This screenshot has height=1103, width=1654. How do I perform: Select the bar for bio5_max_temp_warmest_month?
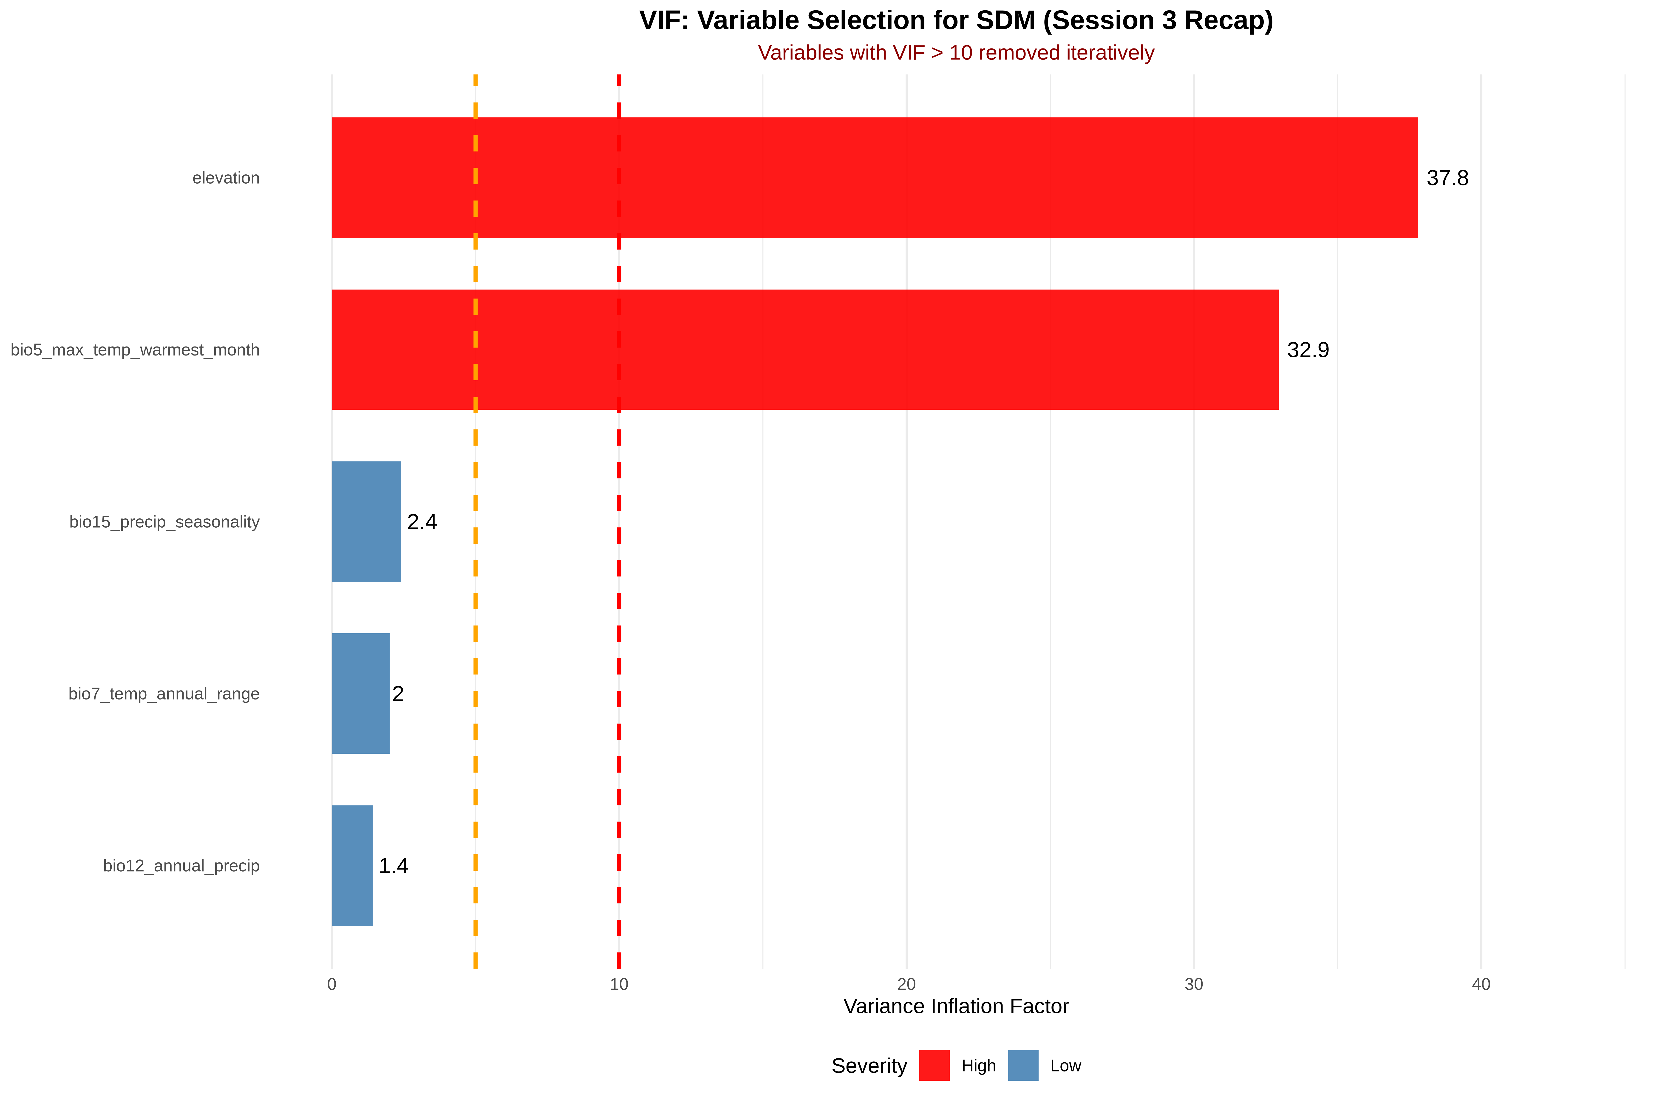(804, 350)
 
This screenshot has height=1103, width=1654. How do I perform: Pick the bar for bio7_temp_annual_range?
(360, 694)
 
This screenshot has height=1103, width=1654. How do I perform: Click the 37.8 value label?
(1447, 178)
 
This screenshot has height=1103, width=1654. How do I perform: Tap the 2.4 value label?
(422, 522)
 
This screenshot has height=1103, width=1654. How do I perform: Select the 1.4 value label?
(393, 866)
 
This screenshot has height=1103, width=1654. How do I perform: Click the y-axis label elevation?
(226, 178)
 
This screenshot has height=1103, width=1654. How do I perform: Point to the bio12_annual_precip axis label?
(181, 866)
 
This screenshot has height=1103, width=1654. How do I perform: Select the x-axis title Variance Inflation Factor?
(956, 1007)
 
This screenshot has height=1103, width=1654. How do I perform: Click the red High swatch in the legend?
(934, 1066)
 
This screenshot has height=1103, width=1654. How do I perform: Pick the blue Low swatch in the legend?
(1022, 1066)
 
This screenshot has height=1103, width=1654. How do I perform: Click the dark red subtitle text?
(956, 53)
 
